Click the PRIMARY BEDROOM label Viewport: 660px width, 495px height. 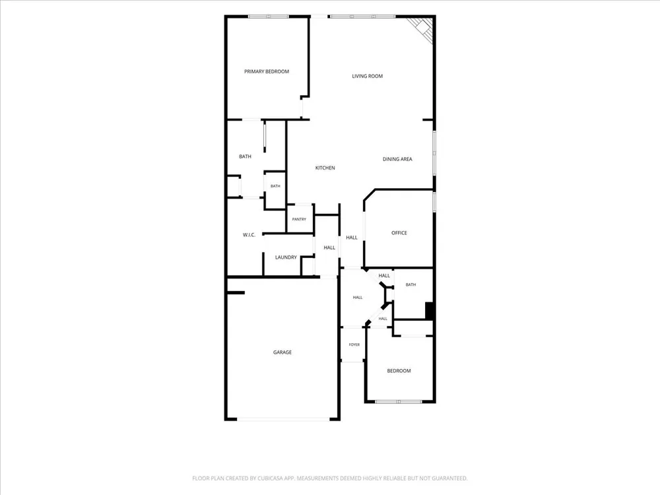pos(267,71)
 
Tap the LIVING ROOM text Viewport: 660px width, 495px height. pos(368,76)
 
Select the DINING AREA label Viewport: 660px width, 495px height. pos(397,159)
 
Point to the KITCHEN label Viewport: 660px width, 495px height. pos(325,168)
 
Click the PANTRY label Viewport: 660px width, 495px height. pos(299,219)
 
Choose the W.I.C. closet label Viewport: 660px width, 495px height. pos(249,235)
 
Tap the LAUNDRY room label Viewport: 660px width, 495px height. pos(286,257)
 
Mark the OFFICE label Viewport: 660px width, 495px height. pos(399,233)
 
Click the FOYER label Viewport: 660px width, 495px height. pos(354,345)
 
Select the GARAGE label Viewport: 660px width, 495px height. pos(282,352)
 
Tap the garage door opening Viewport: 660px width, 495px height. pos(283,419)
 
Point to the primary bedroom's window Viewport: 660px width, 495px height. pos(268,16)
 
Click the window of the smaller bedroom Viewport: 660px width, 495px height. pos(399,402)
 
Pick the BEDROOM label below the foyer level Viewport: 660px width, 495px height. pos(399,371)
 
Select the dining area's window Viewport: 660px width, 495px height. pos(434,152)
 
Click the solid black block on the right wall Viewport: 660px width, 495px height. pos(430,311)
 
